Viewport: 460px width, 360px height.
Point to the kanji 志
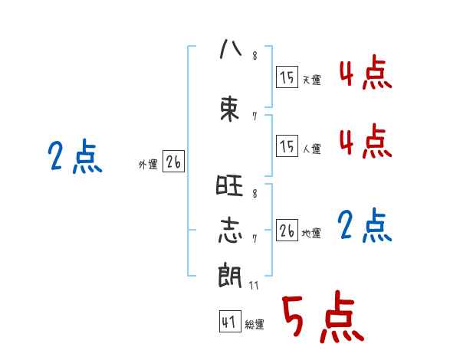point(230,232)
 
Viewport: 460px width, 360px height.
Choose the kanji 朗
point(230,275)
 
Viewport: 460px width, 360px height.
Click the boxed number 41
point(228,322)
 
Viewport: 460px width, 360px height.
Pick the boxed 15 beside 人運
point(287,146)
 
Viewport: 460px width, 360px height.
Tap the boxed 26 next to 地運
point(287,231)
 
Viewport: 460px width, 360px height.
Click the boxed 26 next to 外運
point(173,162)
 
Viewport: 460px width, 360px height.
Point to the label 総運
point(255,325)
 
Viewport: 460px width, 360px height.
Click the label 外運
point(148,164)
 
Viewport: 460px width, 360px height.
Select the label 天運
point(311,80)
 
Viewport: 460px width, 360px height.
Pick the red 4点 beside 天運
point(365,74)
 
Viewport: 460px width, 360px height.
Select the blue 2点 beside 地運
point(365,226)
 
